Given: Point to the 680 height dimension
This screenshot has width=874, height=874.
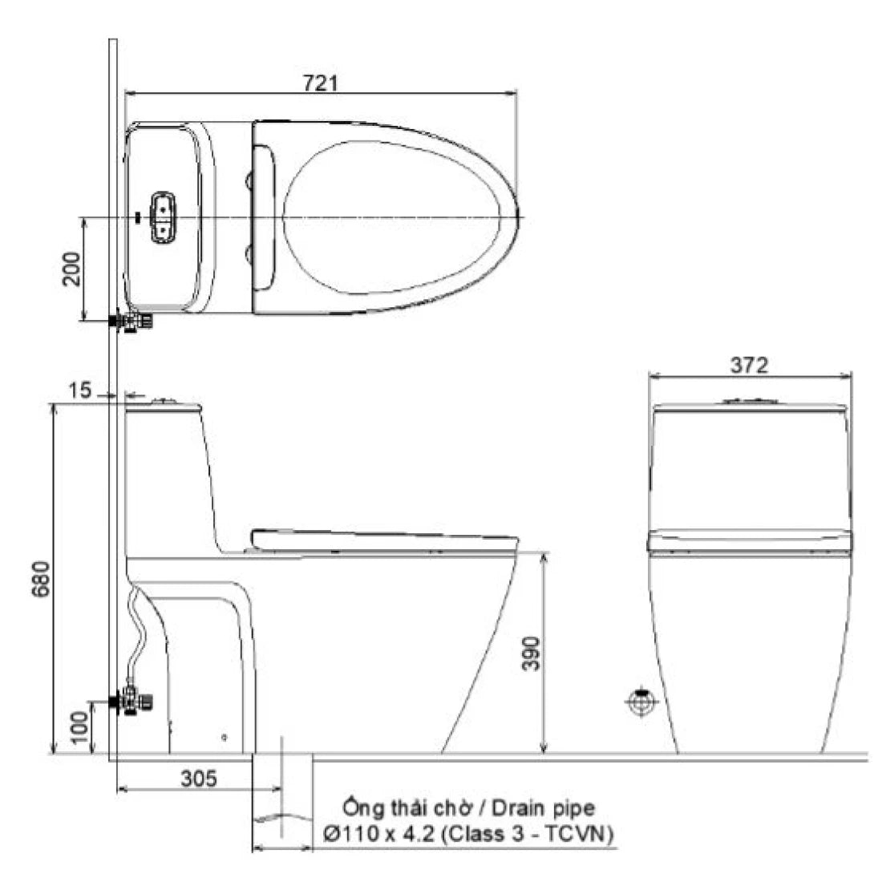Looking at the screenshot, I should click(x=41, y=579).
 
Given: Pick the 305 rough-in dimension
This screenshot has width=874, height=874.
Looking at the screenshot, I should click(x=196, y=779).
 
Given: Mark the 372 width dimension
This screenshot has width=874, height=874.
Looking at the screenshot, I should click(x=749, y=365).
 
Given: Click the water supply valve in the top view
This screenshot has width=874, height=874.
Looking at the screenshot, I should click(x=133, y=322).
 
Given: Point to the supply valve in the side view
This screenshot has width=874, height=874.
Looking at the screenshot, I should click(x=133, y=702).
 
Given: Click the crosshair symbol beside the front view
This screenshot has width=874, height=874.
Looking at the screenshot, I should click(x=641, y=702).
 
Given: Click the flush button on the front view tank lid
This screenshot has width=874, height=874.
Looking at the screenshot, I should click(x=749, y=401).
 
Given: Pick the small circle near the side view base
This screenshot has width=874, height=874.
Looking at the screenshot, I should click(x=225, y=736).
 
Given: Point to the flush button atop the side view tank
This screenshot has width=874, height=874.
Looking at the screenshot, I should click(x=166, y=401).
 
